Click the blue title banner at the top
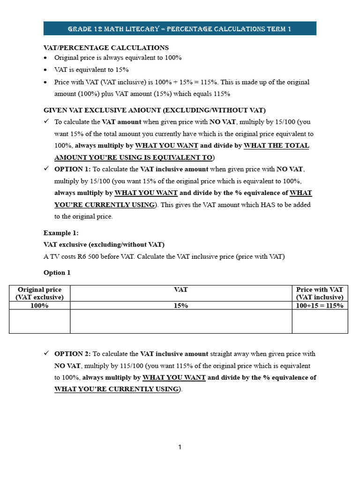tap(180, 29)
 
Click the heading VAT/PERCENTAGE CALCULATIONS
tap(106, 48)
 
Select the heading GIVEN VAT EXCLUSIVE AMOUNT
tap(154, 110)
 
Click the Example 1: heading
tap(61, 233)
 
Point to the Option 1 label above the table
tap(57, 272)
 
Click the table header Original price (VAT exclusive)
tap(39, 293)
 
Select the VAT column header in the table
tap(180, 290)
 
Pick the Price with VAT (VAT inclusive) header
tap(320, 293)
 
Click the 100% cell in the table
tap(39, 306)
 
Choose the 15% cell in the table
tap(180, 306)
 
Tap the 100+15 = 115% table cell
tap(320, 306)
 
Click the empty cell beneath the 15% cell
tap(180, 322)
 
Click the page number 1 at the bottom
tap(180, 447)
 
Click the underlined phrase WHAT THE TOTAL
tap(277, 146)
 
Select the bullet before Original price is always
tap(45, 58)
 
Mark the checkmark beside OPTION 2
tap(46, 353)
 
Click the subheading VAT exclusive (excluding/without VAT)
tap(104, 245)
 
